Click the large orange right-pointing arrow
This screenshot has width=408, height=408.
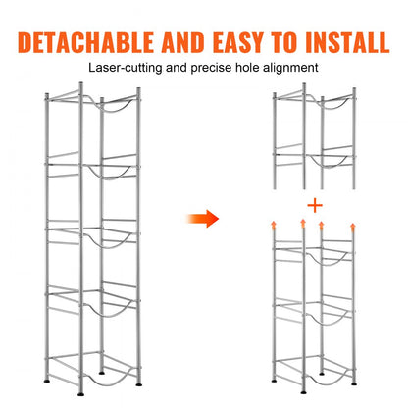pyautogui.click(x=204, y=218)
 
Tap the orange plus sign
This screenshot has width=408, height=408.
pyautogui.click(x=313, y=206)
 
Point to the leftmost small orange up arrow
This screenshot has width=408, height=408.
pyautogui.click(x=274, y=225)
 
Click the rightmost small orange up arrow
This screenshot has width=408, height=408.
pyautogui.click(x=352, y=225)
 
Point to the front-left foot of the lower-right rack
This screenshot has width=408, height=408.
pyautogui.click(x=276, y=378)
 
